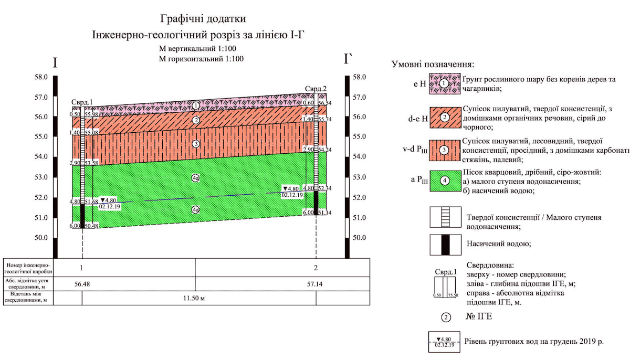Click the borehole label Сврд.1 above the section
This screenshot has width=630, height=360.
(x=82, y=102)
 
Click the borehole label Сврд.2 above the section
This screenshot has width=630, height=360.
(x=316, y=88)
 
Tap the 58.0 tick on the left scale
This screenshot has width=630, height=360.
(x=42, y=77)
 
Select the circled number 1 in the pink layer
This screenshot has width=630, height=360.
(x=195, y=105)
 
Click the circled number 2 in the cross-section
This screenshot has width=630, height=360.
(x=195, y=121)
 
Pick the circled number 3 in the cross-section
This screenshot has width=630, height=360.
(x=195, y=144)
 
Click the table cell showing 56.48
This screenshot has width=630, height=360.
(x=82, y=284)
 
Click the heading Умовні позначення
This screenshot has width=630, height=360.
(x=433, y=65)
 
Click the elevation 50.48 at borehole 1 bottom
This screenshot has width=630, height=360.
(x=92, y=226)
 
